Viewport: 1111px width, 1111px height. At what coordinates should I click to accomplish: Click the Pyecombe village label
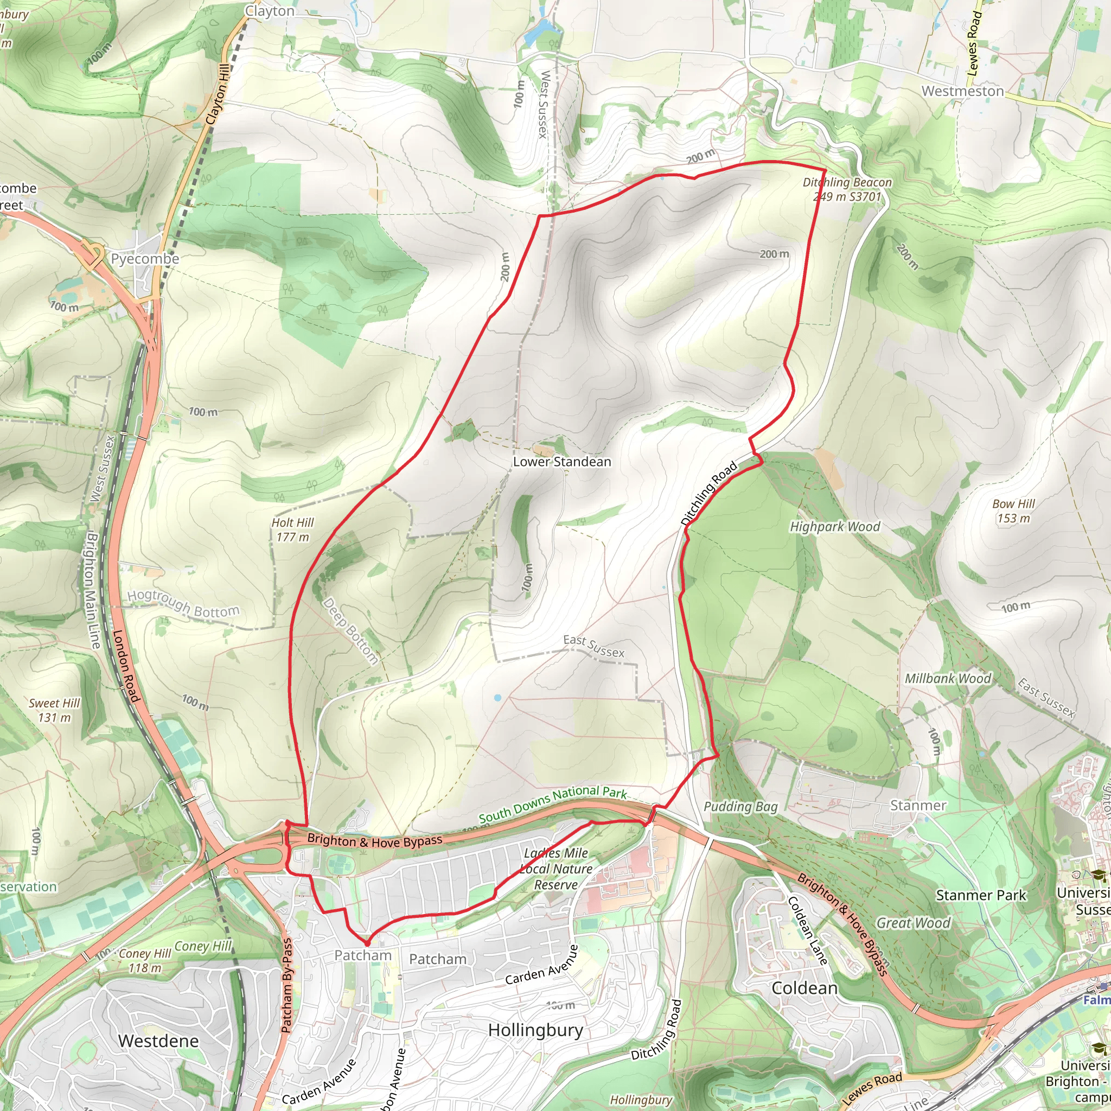pyautogui.click(x=145, y=259)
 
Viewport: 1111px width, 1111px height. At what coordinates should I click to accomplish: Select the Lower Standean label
pyautogui.click(x=562, y=462)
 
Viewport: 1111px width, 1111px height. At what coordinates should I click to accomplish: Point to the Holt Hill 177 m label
pyautogui.click(x=293, y=529)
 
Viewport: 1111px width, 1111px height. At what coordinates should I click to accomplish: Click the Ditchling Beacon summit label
pyautogui.click(x=847, y=189)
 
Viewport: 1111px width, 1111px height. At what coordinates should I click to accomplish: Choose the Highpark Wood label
pyautogui.click(x=835, y=527)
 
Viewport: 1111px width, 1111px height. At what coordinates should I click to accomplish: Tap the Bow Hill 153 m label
pyautogui.click(x=1013, y=510)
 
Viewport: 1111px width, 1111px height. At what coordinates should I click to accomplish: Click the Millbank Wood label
pyautogui.click(x=948, y=679)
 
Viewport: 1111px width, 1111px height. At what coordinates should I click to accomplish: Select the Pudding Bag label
pyautogui.click(x=740, y=807)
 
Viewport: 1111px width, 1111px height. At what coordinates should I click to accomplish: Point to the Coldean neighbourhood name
pyautogui.click(x=804, y=988)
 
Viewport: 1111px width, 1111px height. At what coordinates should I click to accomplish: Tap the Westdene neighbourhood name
pyautogui.click(x=158, y=1041)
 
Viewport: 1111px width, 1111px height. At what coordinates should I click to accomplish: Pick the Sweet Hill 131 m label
pyautogui.click(x=55, y=710)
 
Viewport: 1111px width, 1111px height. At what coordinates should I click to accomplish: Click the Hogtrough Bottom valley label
pyautogui.click(x=183, y=604)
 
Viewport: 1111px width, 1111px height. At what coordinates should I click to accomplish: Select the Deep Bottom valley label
pyautogui.click(x=350, y=631)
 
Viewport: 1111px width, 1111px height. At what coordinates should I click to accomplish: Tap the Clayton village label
pyautogui.click(x=270, y=11)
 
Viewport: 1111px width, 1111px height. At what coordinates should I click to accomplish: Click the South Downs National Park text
pyautogui.click(x=553, y=804)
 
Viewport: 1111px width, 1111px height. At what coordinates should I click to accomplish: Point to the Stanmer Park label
pyautogui.click(x=981, y=895)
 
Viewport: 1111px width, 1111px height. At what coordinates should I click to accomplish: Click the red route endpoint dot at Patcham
pyautogui.click(x=367, y=944)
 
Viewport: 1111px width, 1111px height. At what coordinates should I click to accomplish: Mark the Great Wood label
pyautogui.click(x=912, y=923)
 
